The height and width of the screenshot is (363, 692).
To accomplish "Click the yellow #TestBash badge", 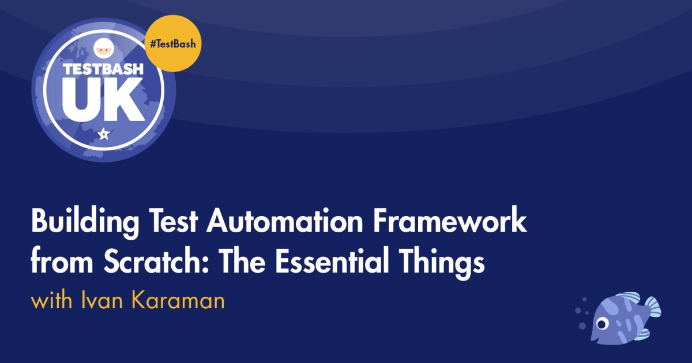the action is coord(173,44).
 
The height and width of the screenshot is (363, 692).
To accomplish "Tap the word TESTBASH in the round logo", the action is coord(103,69).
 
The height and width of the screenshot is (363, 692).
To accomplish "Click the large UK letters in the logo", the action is coord(103,99).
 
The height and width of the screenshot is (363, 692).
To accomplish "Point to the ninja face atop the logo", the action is coord(104,48).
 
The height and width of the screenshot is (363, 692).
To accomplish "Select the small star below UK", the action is coord(104,134).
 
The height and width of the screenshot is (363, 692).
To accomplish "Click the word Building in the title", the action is coord(85,222).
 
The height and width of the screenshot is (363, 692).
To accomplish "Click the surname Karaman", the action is coord(178,300).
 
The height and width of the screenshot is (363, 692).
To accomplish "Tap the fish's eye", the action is coord(602,324).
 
